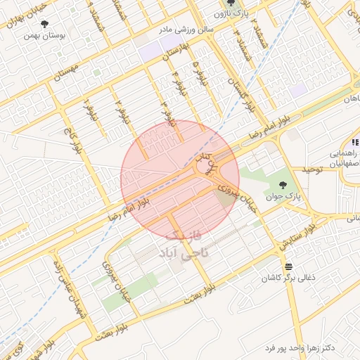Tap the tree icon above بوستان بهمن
click(45, 24)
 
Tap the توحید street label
click(310, 171)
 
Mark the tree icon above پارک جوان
click(283, 186)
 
